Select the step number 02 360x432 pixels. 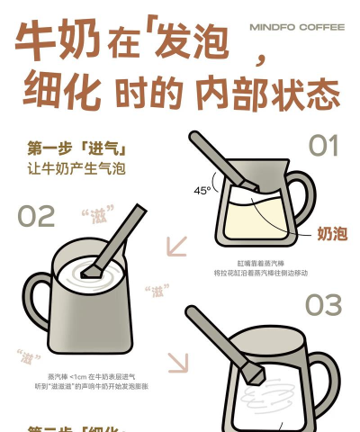click(x=36, y=216)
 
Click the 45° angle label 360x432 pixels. click(x=202, y=190)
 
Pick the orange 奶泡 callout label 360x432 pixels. click(x=331, y=234)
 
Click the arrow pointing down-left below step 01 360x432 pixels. click(x=176, y=247)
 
